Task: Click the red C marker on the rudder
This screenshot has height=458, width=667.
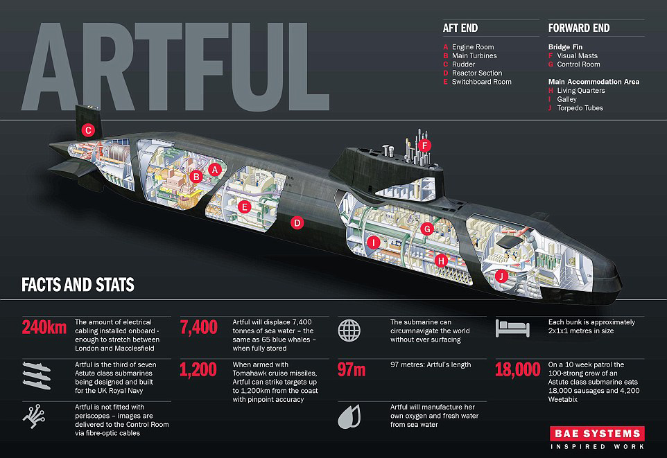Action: coord(88,130)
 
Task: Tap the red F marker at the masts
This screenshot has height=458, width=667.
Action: coord(424,146)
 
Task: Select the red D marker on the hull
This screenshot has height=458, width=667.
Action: coord(297,222)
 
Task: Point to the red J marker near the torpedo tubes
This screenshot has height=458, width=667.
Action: coord(501,276)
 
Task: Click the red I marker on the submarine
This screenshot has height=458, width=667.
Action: coord(373,243)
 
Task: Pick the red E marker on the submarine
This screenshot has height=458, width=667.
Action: coord(244,207)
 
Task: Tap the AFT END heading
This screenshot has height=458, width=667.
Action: coord(460,28)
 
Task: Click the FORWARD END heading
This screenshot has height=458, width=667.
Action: coord(579,28)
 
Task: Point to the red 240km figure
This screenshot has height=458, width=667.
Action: coord(44,328)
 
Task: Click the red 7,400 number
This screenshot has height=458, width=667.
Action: coord(199,328)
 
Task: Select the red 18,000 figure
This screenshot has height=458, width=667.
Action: coord(518,370)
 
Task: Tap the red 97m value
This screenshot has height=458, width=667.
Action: coord(352,370)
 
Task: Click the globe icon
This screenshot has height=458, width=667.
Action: coord(349,331)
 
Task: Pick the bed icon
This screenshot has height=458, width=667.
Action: coord(512,328)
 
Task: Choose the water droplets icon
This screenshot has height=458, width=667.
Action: coord(349,416)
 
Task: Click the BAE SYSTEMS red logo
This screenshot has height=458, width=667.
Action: coord(597,433)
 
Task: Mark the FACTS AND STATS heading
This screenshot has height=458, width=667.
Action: coord(78,285)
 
